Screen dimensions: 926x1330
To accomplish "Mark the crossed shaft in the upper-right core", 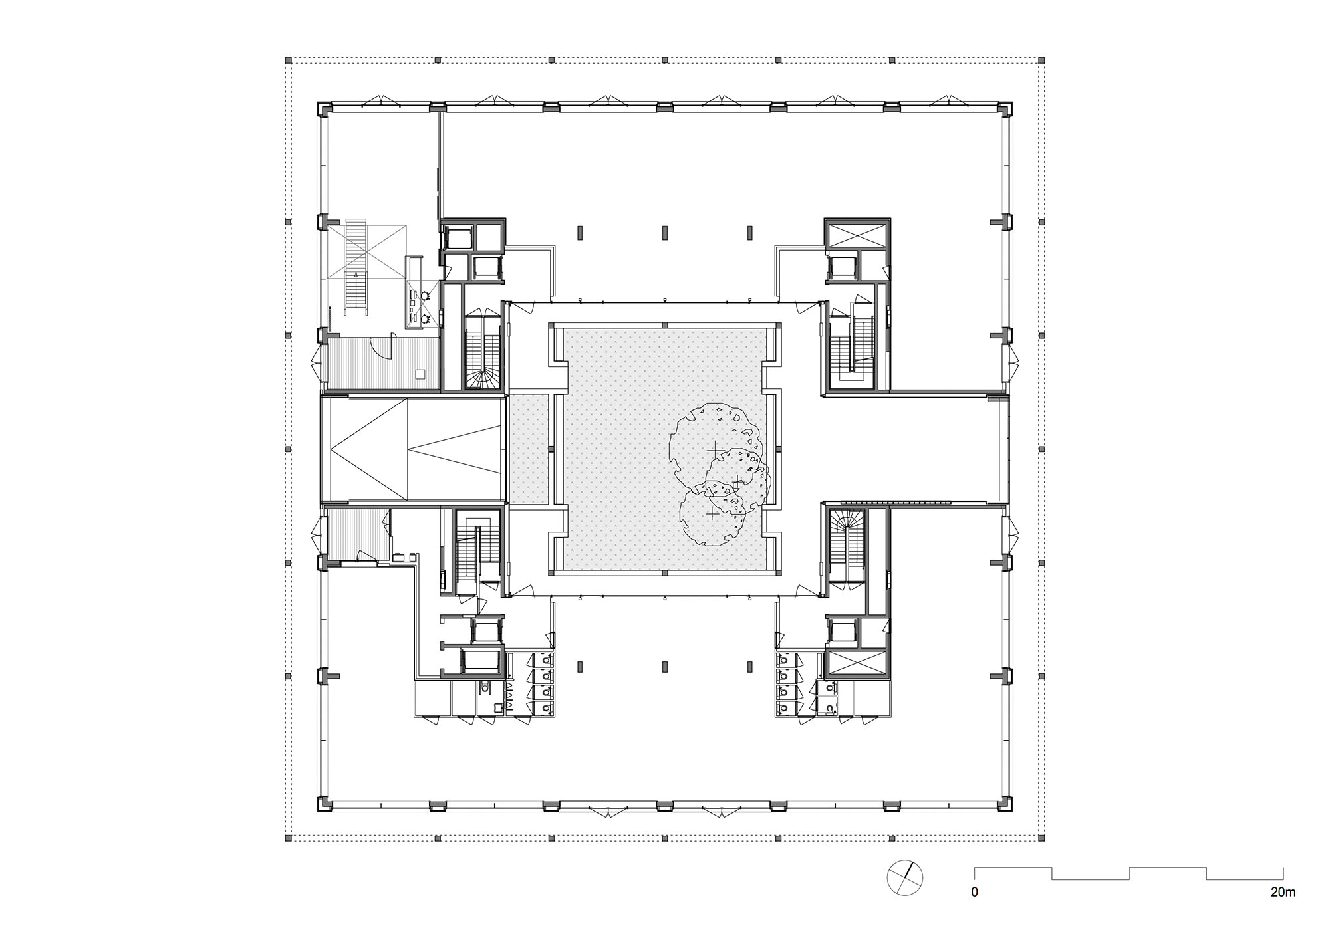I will coord(857,234).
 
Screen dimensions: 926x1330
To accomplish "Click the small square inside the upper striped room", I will coord(420,374).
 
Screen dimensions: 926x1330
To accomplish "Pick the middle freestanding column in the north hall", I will coord(664,233).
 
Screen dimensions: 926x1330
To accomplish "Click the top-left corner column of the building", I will coord(324,108).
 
